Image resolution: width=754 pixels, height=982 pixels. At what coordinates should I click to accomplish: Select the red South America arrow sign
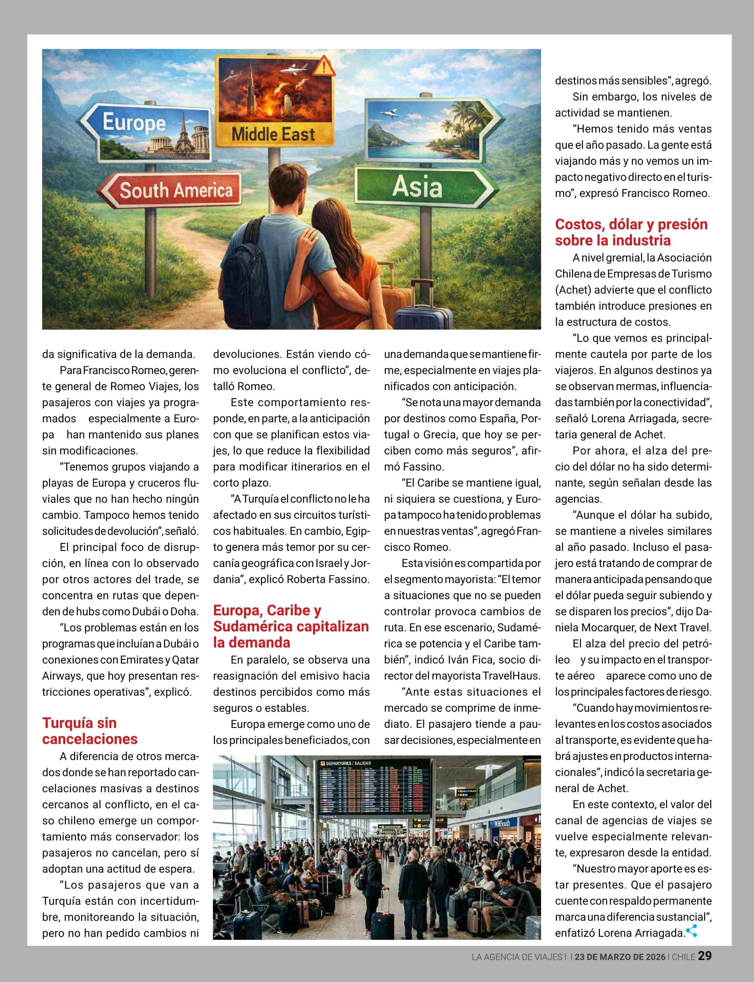tap(170, 190)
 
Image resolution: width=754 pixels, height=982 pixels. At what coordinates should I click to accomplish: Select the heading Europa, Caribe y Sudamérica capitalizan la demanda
tap(291, 626)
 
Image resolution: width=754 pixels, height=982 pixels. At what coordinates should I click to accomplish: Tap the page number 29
tap(705, 956)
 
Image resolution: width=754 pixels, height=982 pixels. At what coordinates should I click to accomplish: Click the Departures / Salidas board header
tap(348, 763)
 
